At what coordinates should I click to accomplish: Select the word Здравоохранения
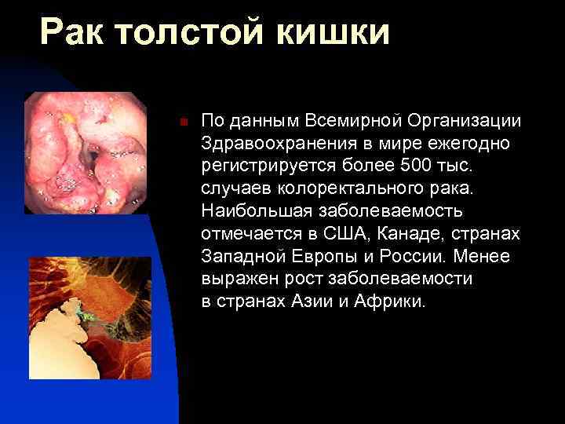tap(268, 144)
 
